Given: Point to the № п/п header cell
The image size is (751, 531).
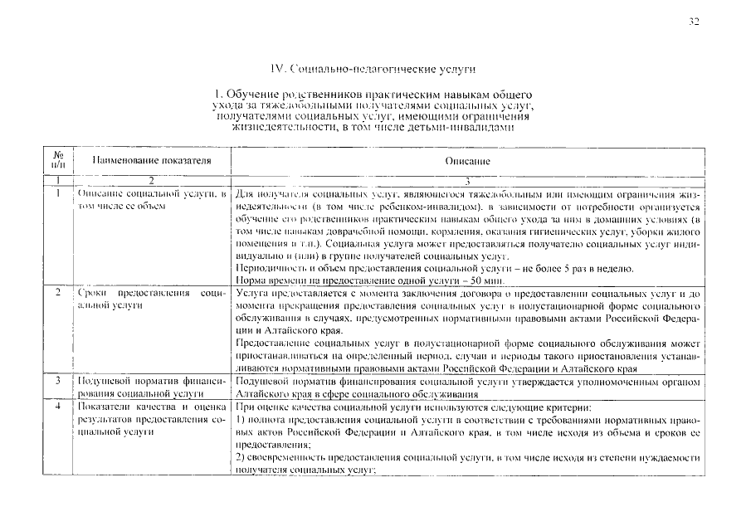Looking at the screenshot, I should pyautogui.click(x=58, y=159).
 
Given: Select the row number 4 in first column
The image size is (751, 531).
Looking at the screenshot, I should pyautogui.click(x=57, y=408).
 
